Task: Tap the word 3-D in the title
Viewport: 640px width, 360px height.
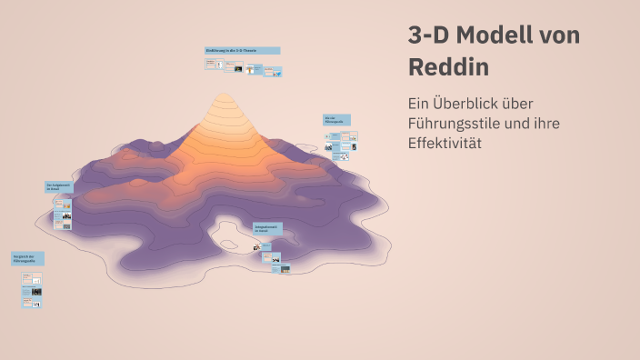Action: click(x=429, y=35)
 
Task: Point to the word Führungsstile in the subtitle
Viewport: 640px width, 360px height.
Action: click(x=457, y=124)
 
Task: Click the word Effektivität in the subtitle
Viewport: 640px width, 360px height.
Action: click(x=445, y=144)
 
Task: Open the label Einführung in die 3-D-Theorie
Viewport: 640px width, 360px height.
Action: click(x=242, y=51)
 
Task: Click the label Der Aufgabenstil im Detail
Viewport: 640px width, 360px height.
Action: click(x=58, y=187)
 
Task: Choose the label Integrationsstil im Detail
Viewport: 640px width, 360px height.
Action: click(x=267, y=228)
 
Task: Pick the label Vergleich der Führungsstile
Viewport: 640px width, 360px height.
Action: click(x=27, y=258)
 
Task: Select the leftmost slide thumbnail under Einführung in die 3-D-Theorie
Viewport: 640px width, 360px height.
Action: click(x=215, y=65)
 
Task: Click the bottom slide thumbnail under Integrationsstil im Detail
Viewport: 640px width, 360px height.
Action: click(x=283, y=268)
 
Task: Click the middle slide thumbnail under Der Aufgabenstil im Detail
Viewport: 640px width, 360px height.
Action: click(x=64, y=217)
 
